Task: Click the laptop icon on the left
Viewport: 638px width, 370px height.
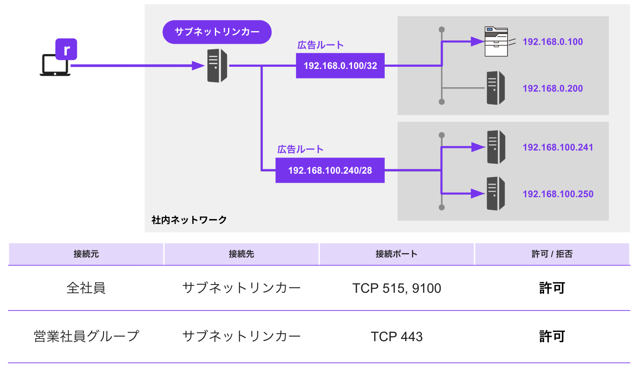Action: click(55, 65)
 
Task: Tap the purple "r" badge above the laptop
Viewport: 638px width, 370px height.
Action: click(66, 49)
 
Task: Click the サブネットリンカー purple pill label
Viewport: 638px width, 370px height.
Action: click(217, 32)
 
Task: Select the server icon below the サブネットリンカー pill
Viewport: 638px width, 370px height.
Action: click(217, 66)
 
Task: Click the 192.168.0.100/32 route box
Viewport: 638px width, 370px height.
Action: click(340, 66)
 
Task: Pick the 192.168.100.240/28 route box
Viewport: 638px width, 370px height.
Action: click(330, 170)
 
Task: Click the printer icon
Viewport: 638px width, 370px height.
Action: click(497, 41)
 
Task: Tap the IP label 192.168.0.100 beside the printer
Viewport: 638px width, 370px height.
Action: click(552, 42)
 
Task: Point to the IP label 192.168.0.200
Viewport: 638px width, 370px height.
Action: click(552, 89)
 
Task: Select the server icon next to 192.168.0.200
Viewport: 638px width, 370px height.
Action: click(496, 88)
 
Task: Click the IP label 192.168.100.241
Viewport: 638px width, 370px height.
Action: click(558, 147)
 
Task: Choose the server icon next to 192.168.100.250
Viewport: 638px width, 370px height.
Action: click(496, 194)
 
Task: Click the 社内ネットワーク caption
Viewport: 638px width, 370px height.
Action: click(189, 220)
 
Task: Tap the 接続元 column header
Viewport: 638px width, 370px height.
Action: click(86, 254)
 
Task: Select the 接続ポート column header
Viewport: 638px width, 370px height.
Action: click(397, 254)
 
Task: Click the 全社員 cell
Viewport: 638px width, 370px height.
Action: click(86, 288)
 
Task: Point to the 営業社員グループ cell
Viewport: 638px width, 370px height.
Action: click(86, 336)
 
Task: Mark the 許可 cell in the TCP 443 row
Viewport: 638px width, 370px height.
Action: click(552, 336)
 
